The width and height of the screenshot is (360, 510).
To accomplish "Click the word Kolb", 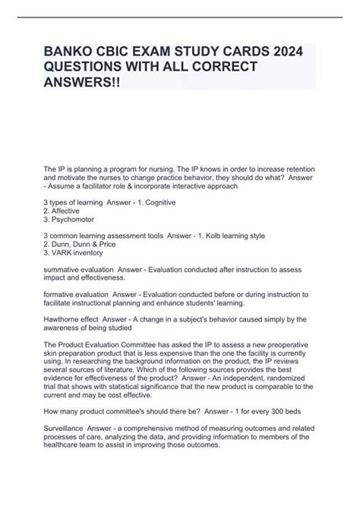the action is (222, 236).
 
